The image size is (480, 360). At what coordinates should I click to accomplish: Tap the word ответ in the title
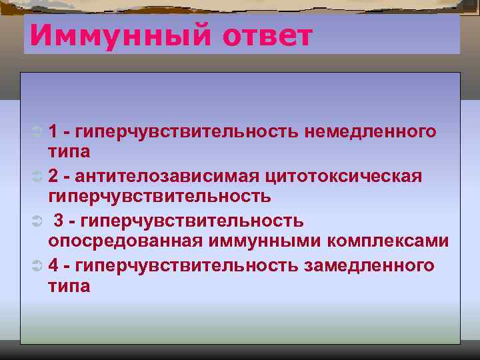(267, 35)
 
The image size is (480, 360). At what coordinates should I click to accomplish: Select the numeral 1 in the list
(53, 131)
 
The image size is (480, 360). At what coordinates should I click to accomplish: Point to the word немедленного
(370, 131)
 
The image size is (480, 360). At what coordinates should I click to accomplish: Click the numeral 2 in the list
(53, 177)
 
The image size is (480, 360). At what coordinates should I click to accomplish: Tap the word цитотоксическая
(343, 177)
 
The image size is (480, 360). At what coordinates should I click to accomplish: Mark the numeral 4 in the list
(53, 265)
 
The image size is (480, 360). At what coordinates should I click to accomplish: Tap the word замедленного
(369, 265)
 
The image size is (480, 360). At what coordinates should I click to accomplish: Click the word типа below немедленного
(69, 152)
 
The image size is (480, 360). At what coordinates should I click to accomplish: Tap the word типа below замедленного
(69, 286)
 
